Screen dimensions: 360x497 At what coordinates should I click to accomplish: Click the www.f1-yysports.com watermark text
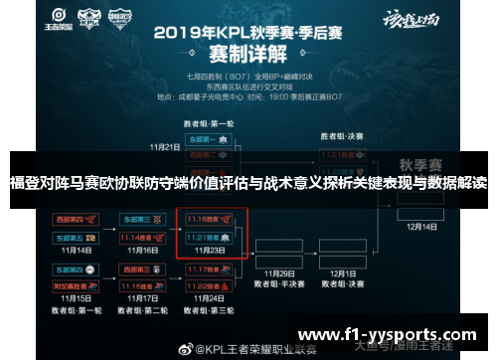point(388,332)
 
